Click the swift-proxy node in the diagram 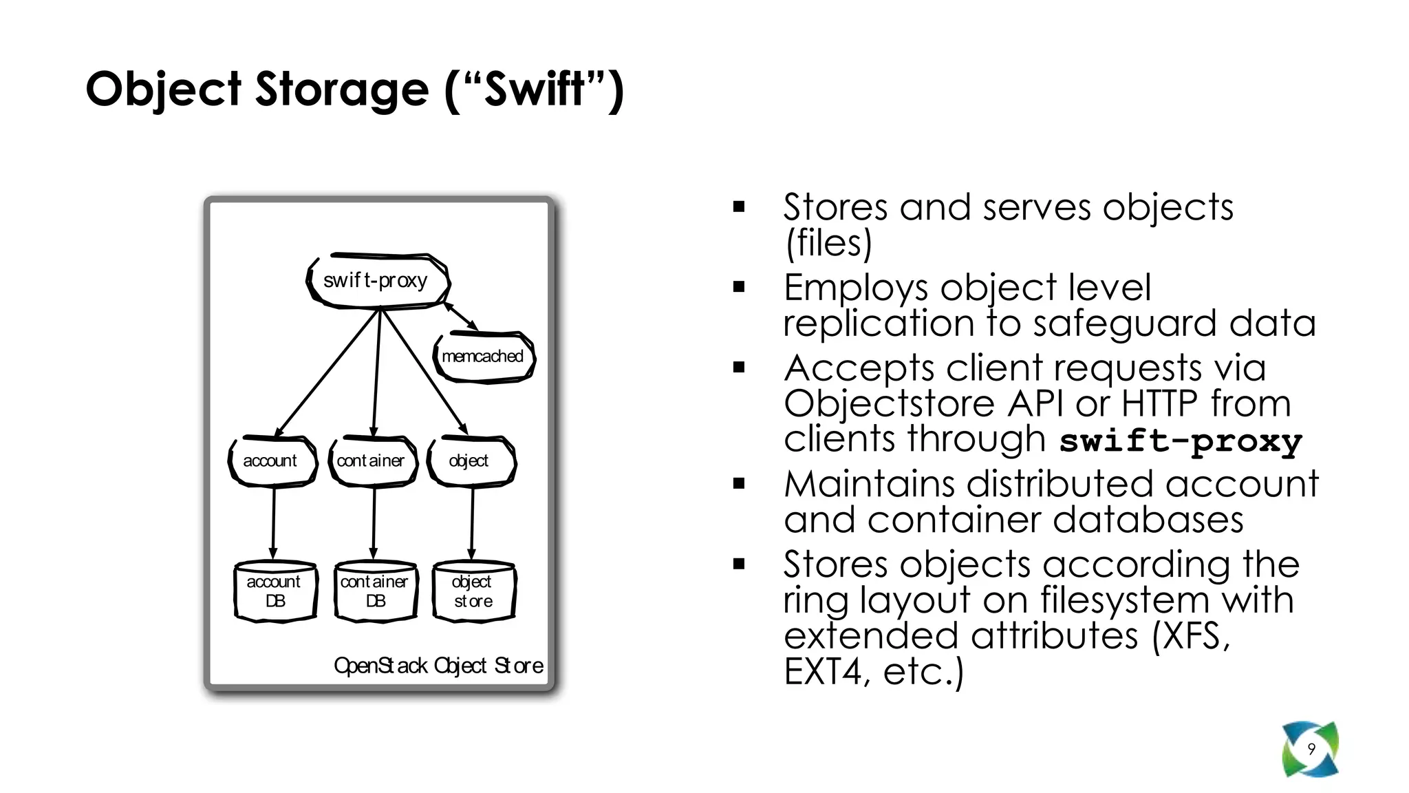pos(377,281)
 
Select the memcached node pos(484,357)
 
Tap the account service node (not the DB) pos(272,461)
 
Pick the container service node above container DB pos(372,461)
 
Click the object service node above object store pos(471,461)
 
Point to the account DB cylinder pos(275,592)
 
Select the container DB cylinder pos(375,592)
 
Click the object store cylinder pos(473,592)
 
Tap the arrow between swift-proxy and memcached pos(460,316)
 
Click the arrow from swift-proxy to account pos(327,372)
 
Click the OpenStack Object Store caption pos(438,666)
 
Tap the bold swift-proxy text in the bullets pos(1180,441)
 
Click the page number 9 pos(1311,749)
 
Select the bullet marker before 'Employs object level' pos(740,287)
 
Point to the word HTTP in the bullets pos(1159,404)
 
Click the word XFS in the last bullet pos(1194,635)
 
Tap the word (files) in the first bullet pos(828,243)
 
